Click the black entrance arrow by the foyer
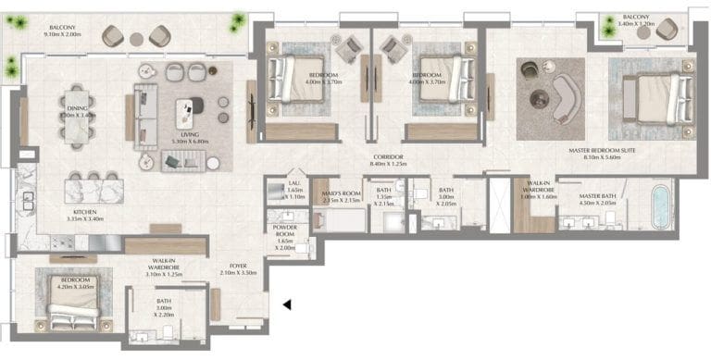coord(288,304)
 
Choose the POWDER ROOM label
coord(284,230)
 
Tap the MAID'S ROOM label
coord(327,192)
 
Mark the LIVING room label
coord(189,135)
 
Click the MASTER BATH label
coord(598,196)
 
